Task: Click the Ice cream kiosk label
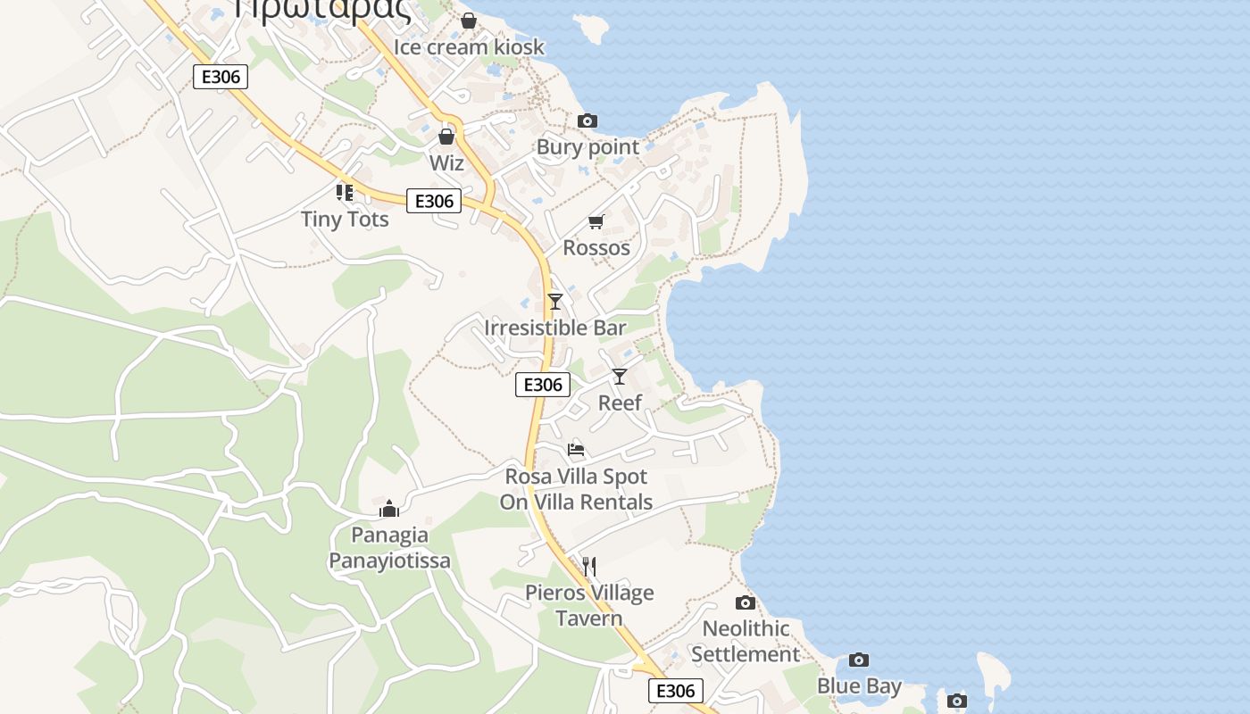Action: [469, 46]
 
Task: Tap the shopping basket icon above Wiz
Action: [446, 137]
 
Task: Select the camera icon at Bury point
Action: [587, 120]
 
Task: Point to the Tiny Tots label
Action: [345, 219]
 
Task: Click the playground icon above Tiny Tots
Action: [345, 192]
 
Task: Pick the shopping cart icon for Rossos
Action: [596, 221]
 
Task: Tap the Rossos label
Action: [596, 247]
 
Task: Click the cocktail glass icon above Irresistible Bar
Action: [555, 301]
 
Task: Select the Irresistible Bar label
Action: [555, 328]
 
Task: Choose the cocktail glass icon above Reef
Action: [620, 376]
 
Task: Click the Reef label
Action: [620, 403]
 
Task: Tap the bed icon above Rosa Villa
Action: [576, 449]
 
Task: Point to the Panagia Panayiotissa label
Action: [389, 547]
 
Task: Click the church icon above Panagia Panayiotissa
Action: [389, 509]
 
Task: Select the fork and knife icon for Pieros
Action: [589, 566]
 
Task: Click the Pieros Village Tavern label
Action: [589, 605]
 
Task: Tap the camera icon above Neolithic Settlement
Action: [746, 602]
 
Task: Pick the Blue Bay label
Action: [859, 685]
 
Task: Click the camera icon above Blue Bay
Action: [859, 660]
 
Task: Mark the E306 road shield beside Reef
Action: [543, 385]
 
